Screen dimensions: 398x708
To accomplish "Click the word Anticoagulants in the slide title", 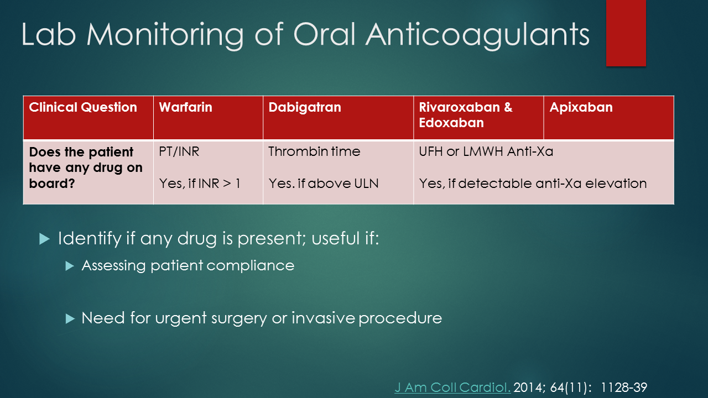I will (x=477, y=34).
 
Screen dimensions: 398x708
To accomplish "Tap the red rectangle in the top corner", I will (x=626, y=33).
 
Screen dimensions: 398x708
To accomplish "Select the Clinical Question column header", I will (x=83, y=107).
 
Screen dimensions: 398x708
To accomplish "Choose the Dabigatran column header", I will (x=305, y=107).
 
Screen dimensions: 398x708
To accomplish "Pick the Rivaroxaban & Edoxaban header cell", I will (x=466, y=115).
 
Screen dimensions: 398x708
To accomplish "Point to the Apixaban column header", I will (x=581, y=107).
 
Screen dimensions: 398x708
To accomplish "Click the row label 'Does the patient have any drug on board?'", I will (x=86, y=167).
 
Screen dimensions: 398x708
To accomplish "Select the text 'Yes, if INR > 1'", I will (x=200, y=184).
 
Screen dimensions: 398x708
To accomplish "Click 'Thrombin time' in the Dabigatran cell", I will (x=314, y=151).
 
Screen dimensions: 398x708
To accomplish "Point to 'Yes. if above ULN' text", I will (x=324, y=184).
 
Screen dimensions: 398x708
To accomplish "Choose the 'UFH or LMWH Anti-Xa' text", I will (x=486, y=151).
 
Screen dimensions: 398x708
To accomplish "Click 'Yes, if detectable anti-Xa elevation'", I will (x=533, y=184).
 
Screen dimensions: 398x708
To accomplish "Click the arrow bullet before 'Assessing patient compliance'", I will (x=69, y=266).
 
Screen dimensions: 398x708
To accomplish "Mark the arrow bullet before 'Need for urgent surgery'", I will (x=69, y=318).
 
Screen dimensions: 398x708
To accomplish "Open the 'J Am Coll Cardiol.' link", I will (x=452, y=387).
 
